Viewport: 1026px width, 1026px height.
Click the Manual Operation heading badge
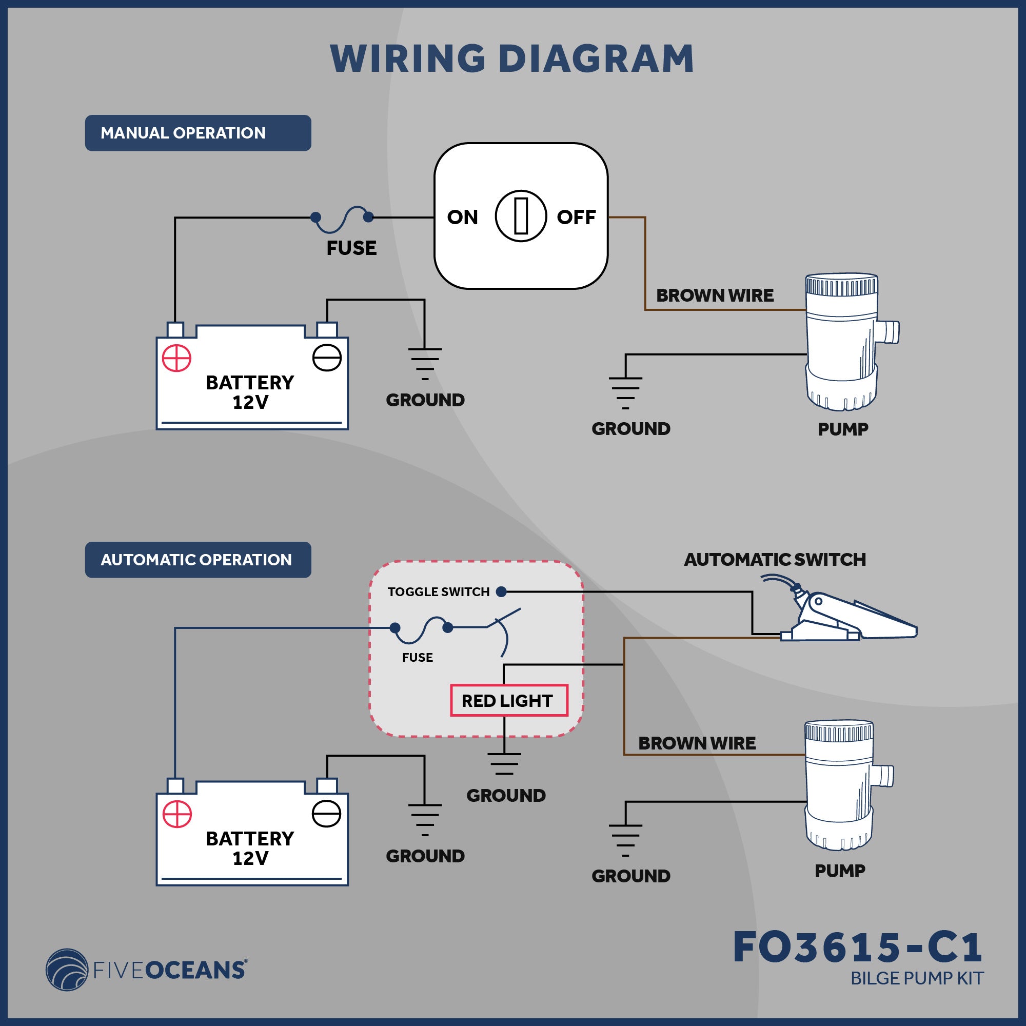click(198, 133)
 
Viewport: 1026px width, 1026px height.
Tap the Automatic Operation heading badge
click(198, 560)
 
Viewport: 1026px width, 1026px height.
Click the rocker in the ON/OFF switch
click(520, 216)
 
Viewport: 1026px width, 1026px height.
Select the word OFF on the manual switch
click(576, 217)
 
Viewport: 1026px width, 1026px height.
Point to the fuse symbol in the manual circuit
click(342, 219)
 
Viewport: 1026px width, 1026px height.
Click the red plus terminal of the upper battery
click(176, 358)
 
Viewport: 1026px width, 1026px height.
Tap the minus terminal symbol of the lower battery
click(327, 814)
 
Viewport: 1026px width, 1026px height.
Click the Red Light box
click(509, 700)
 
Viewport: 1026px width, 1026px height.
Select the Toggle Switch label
click(438, 592)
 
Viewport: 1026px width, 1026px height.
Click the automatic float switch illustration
click(844, 616)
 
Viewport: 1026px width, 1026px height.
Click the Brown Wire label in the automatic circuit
click(697, 743)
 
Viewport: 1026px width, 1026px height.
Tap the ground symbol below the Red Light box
click(504, 764)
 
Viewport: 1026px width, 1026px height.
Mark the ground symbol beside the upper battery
click(425, 363)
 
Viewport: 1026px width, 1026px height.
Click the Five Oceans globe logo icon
click(67, 970)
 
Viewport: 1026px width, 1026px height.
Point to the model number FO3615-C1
click(858, 948)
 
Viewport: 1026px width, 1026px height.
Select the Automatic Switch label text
click(775, 560)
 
